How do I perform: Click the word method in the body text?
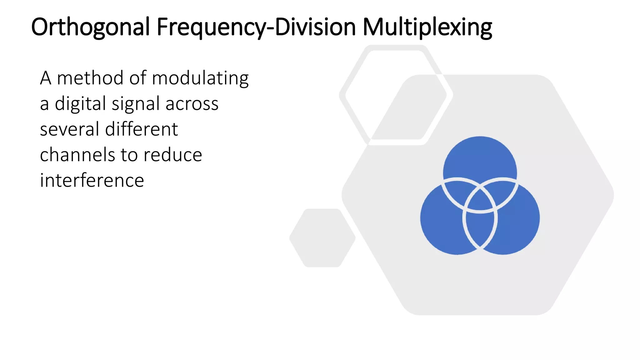[90, 78]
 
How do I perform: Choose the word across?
[192, 104]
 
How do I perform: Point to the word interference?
[92, 181]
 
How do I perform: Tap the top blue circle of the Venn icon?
[480, 156]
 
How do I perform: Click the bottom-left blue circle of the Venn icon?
[441, 225]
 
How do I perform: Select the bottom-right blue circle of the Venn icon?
[519, 225]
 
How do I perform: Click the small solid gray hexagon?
[322, 238]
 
